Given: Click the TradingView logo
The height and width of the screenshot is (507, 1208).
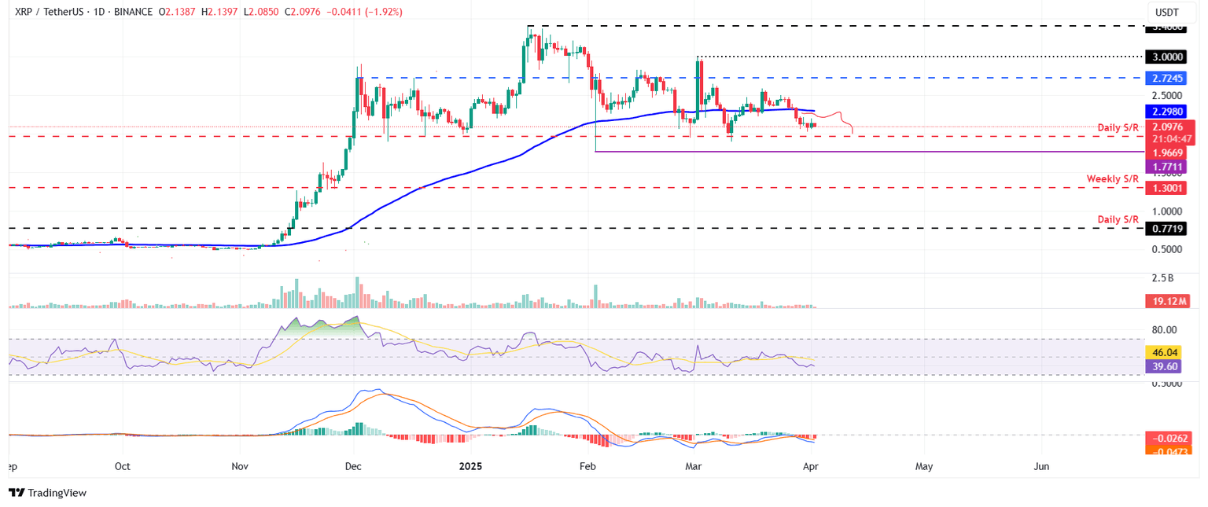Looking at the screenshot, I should pyautogui.click(x=47, y=493).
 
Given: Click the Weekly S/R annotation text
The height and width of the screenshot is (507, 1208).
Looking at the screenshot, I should pyautogui.click(x=1113, y=179).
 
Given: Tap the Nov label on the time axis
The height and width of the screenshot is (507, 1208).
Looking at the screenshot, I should pyautogui.click(x=240, y=466).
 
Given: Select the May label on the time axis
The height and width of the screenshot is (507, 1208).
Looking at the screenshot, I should pyautogui.click(x=924, y=466).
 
